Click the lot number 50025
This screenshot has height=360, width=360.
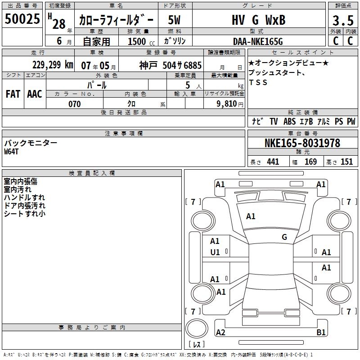coord(22,18)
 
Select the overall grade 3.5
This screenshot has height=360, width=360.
coord(343,20)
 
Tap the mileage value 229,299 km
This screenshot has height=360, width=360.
coord(53,65)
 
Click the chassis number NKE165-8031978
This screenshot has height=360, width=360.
coord(302,143)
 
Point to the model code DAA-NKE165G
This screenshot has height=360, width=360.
coord(258,41)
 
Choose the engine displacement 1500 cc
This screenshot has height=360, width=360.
coord(141,41)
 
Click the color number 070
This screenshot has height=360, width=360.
coord(75,104)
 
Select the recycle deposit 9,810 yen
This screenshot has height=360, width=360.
coord(230,104)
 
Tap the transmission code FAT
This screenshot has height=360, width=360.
coord(13,94)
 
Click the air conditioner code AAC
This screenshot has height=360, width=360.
coord(35,94)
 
